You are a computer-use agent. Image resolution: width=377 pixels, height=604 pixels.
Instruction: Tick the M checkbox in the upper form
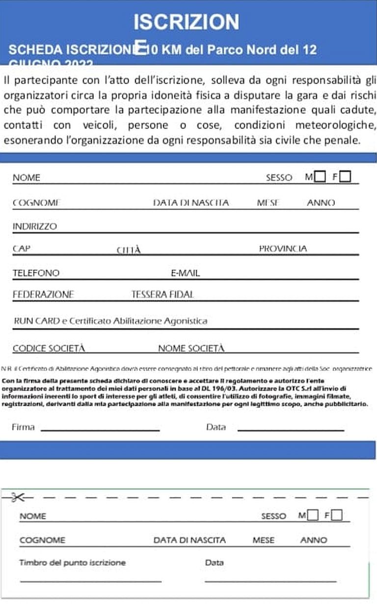pyautogui.click(x=320, y=176)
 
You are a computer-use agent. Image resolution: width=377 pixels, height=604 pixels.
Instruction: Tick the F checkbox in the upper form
pyautogui.click(x=346, y=176)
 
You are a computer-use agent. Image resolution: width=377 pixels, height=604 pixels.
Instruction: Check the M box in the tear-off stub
pyautogui.click(x=313, y=516)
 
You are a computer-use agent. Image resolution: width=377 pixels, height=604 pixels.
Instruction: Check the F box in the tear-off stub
pyautogui.click(x=337, y=516)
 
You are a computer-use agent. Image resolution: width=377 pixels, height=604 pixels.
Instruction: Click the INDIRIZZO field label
pyautogui.click(x=34, y=227)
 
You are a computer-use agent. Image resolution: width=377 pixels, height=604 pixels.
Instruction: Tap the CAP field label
pyautogui.click(x=21, y=249)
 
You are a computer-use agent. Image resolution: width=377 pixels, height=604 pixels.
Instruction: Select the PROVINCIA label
pyautogui.click(x=283, y=249)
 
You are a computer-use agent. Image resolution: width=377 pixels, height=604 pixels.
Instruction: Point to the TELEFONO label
pyautogui.click(x=36, y=273)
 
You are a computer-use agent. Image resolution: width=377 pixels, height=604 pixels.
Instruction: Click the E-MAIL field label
pyautogui.click(x=185, y=273)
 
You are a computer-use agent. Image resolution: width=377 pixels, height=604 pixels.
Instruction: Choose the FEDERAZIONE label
pyautogui.click(x=43, y=294)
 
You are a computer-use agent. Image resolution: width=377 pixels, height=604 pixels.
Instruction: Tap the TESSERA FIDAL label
pyautogui.click(x=162, y=294)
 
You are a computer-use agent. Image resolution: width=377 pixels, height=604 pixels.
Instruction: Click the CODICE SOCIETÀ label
pyautogui.click(x=49, y=348)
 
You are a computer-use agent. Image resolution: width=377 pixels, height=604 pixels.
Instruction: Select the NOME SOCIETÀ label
pyautogui.click(x=191, y=348)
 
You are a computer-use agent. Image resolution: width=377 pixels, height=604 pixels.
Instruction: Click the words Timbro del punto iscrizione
pyautogui.click(x=72, y=563)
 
